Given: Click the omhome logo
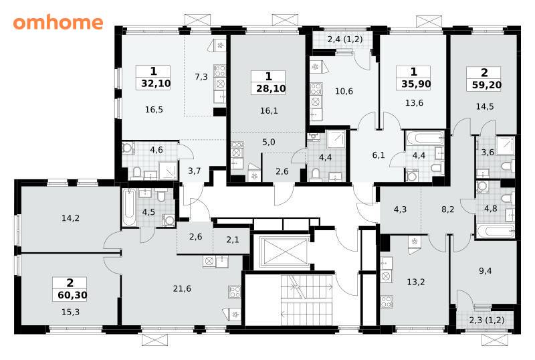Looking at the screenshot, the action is [x=58, y=23].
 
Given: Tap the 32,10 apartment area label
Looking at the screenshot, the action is [x=156, y=84].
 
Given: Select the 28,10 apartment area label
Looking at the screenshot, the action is [x=271, y=89].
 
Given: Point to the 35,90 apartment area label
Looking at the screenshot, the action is [x=416, y=84].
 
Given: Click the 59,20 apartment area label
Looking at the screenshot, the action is [x=487, y=85].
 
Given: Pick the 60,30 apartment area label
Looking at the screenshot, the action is [x=72, y=295].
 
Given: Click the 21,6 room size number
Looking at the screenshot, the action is [x=182, y=289].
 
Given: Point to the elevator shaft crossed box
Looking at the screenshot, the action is [x=284, y=252].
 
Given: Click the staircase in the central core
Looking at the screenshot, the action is [x=306, y=300].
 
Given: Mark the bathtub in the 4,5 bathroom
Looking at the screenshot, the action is [x=130, y=208].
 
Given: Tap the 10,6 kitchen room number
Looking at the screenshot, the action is [x=344, y=91].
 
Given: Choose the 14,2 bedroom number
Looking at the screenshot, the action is [x=71, y=218].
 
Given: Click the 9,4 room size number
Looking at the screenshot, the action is [x=486, y=271].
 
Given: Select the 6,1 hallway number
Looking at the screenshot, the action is [x=379, y=155].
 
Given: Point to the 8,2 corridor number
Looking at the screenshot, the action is [x=447, y=209].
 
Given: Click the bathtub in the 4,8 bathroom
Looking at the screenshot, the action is [x=496, y=232].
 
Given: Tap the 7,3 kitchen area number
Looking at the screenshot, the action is [x=201, y=77].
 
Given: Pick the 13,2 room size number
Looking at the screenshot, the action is [x=416, y=282].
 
